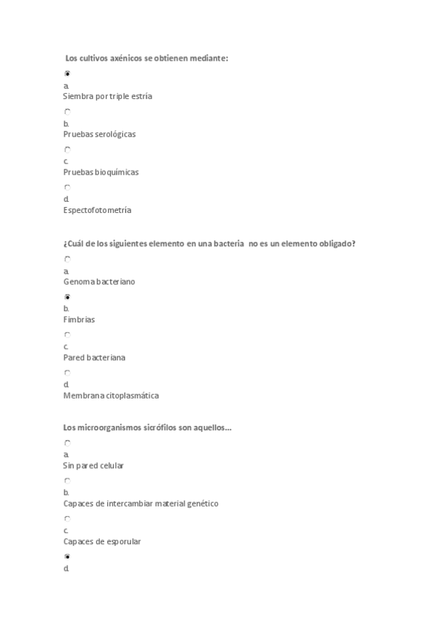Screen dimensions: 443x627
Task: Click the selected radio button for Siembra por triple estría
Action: coord(67,73)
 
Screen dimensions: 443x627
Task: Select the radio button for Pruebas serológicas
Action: coord(67,112)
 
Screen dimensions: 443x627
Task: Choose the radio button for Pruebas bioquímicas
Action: coord(67,149)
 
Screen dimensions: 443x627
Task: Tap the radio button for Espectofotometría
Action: coord(67,187)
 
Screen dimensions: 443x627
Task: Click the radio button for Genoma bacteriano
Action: coord(67,259)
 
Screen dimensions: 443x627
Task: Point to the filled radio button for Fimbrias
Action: coord(67,296)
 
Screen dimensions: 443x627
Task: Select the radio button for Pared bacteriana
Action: coord(67,334)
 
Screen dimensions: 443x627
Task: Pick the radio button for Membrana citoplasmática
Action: coord(67,373)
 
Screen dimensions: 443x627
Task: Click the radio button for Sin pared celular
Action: coord(67,443)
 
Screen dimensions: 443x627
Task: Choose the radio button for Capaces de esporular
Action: coord(67,518)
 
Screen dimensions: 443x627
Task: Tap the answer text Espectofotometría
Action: coord(97,210)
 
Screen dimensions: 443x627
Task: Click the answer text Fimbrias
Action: coord(78,319)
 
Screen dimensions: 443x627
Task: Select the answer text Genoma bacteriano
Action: coord(99,282)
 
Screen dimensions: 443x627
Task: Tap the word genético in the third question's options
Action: coord(201,504)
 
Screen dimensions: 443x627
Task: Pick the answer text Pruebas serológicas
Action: coord(99,135)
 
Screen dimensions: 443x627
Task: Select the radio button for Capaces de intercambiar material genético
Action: coord(67,481)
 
